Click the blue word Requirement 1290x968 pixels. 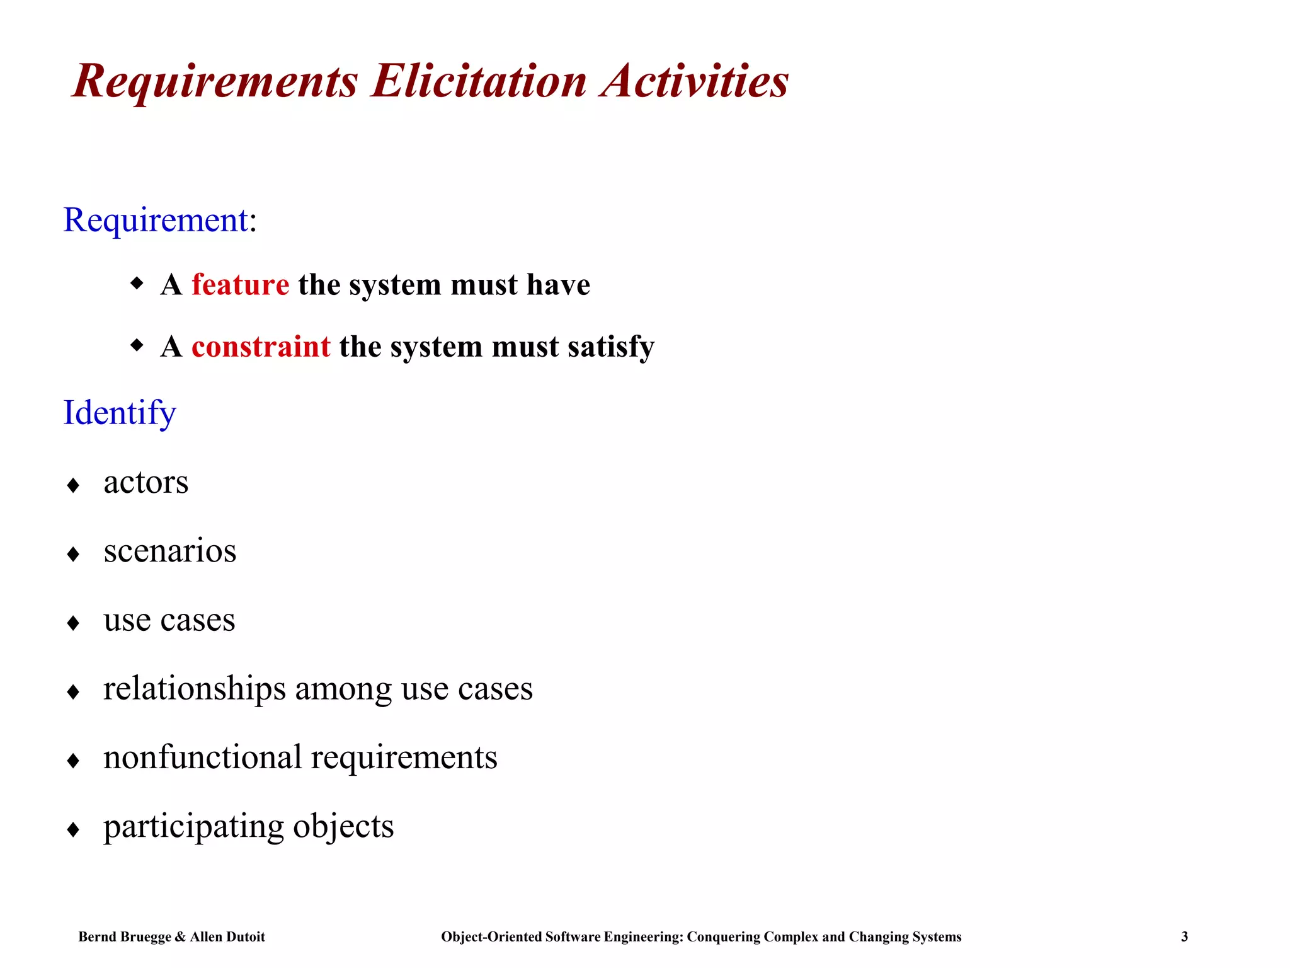tap(156, 220)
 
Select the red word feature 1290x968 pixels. tap(240, 284)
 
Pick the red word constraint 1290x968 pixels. tap(261, 347)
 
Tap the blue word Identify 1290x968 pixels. tap(120, 413)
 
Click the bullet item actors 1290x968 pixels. tap(146, 483)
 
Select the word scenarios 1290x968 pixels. tap(170, 551)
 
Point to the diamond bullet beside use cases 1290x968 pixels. tap(73, 623)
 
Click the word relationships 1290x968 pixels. tap(195, 688)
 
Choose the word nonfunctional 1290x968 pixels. tap(202, 757)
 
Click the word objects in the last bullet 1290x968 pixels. tap(343, 826)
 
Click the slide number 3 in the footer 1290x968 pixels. tap(1184, 936)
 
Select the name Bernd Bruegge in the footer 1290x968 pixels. tap(124, 936)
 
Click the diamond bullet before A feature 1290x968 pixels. tap(137, 283)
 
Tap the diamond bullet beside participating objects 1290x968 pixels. tap(73, 829)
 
